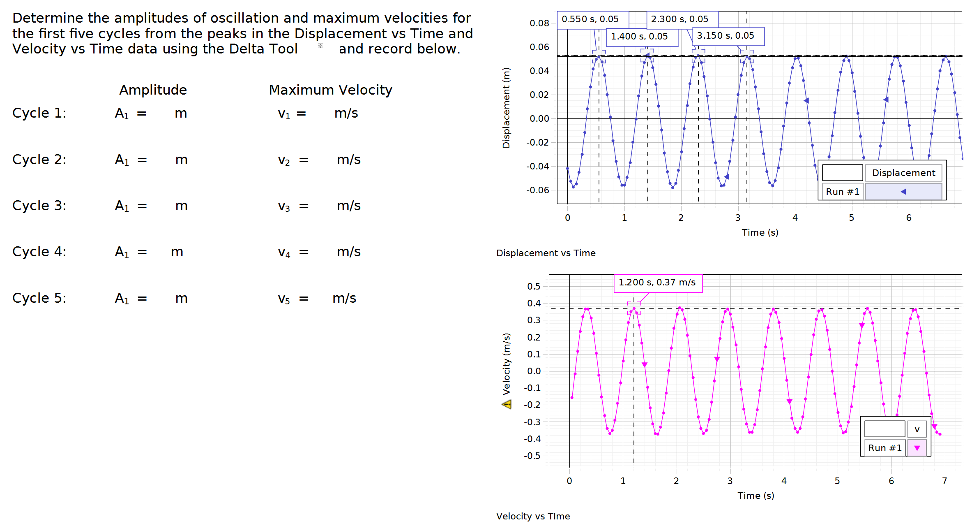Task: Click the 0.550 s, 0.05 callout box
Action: [590, 19]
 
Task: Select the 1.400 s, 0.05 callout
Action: [639, 37]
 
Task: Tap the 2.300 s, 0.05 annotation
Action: [679, 19]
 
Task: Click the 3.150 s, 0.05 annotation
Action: [726, 36]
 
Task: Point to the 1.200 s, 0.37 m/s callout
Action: [657, 283]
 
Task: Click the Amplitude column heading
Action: [153, 90]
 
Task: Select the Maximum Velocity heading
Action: [330, 90]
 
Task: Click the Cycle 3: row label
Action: [39, 206]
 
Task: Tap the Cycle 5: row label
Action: [39, 298]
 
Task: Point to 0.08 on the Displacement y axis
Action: [539, 23]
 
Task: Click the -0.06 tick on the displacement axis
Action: [537, 190]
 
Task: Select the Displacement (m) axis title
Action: [506, 108]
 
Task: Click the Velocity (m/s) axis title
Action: [507, 364]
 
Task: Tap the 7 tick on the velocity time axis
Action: [944, 481]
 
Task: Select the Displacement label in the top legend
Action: [903, 173]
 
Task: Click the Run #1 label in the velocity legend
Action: [884, 448]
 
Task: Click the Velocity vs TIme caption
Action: [533, 517]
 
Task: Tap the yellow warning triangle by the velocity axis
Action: [507, 404]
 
